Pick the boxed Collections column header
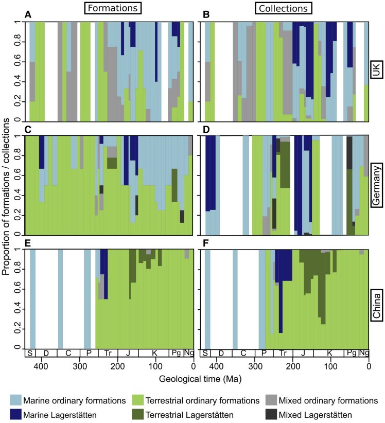tap(285, 9)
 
